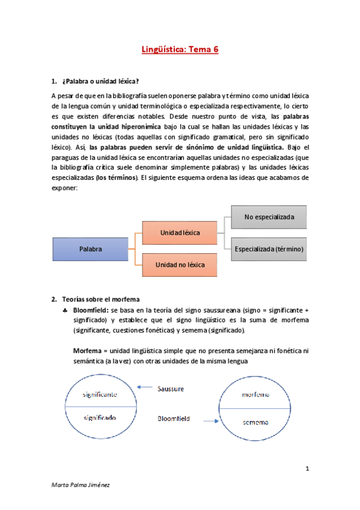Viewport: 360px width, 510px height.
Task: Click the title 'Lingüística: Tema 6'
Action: [x=180, y=51]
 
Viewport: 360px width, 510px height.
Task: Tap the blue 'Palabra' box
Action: [x=90, y=248]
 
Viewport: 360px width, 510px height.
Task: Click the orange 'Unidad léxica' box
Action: [x=180, y=232]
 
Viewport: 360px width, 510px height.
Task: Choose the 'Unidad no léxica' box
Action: [x=180, y=265]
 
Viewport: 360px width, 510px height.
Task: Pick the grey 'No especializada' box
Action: [x=269, y=217]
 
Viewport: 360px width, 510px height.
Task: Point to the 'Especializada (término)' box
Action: [x=269, y=248]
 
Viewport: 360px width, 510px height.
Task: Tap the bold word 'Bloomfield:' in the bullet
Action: [x=91, y=309]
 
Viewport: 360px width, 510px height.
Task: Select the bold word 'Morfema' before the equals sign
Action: [x=87, y=351]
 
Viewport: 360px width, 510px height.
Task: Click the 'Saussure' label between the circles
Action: [x=171, y=389]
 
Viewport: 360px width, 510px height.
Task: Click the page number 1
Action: [x=307, y=469]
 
